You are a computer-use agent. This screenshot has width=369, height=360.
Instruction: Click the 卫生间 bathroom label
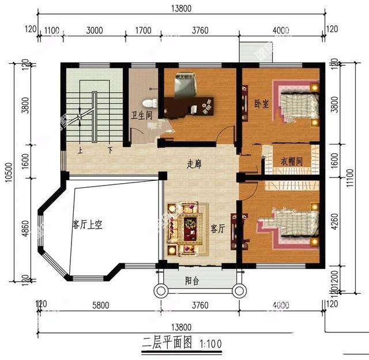[141, 115]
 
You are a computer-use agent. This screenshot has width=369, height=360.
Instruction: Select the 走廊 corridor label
[194, 164]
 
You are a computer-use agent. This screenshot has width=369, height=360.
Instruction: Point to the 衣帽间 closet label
[292, 162]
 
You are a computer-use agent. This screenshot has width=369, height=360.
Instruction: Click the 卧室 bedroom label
[261, 104]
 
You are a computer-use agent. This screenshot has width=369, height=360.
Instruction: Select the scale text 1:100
[210, 344]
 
